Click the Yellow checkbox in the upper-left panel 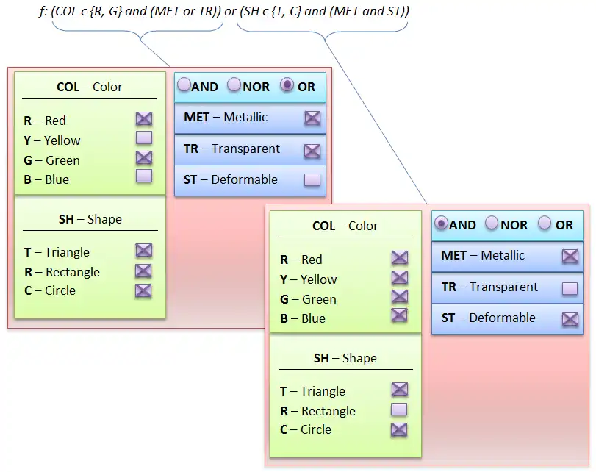(x=143, y=137)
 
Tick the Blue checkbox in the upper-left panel (x=143, y=176)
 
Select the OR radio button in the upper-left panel (x=288, y=85)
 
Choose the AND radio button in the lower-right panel (x=441, y=224)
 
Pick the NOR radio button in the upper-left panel (x=234, y=85)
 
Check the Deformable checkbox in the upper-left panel (x=312, y=179)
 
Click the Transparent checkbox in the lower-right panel (x=570, y=288)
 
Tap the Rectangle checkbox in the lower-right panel (x=399, y=410)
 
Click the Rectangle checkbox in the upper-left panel (x=143, y=271)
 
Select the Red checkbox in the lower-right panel (x=399, y=258)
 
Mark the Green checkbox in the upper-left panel (x=143, y=157)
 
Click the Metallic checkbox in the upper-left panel (x=312, y=118)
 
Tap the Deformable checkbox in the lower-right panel (x=570, y=319)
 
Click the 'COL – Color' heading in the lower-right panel (x=345, y=226)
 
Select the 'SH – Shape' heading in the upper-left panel (x=90, y=219)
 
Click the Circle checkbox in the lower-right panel (x=399, y=429)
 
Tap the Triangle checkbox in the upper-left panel (x=143, y=251)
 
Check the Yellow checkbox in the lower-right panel (x=399, y=278)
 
